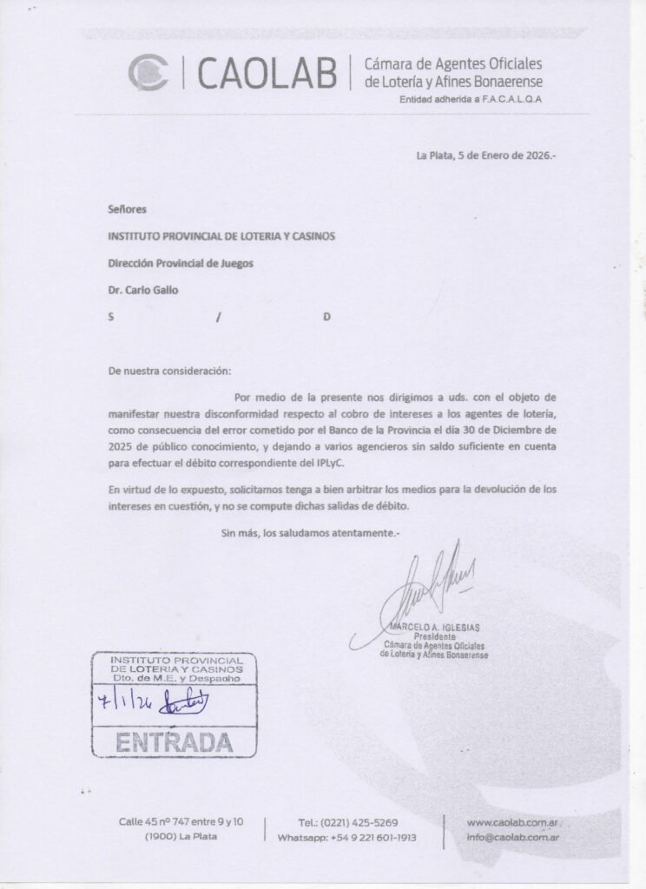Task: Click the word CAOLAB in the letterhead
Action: pyautogui.click(x=266, y=73)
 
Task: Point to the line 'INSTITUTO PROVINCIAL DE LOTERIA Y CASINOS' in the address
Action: pyautogui.click(x=221, y=236)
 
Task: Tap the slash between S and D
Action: pyautogui.click(x=219, y=317)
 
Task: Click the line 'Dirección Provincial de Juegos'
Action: pyautogui.click(x=181, y=263)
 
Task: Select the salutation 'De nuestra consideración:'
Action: pyautogui.click(x=169, y=371)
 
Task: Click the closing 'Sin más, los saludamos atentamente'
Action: pyautogui.click(x=311, y=530)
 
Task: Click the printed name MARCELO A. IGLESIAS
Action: pyautogui.click(x=435, y=628)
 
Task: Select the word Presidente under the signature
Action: pyautogui.click(x=435, y=637)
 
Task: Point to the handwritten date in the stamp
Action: pyautogui.click(x=125, y=701)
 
